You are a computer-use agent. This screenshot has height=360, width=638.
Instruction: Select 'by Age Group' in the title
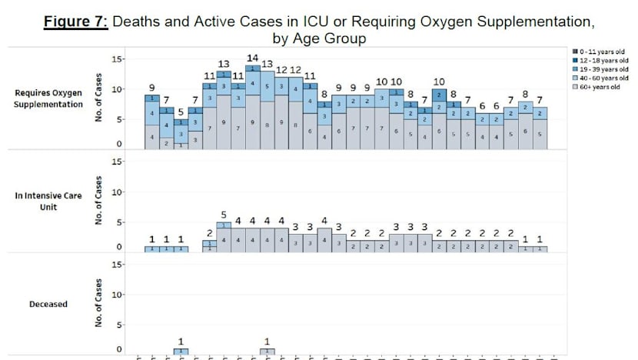318,38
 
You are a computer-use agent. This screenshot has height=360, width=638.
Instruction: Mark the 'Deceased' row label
48,304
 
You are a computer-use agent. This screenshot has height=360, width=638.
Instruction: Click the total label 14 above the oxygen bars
252,58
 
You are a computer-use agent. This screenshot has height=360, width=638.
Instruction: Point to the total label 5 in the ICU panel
224,215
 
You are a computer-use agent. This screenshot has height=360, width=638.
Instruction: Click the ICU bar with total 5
224,237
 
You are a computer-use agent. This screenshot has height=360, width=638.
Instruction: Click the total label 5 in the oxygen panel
181,111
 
